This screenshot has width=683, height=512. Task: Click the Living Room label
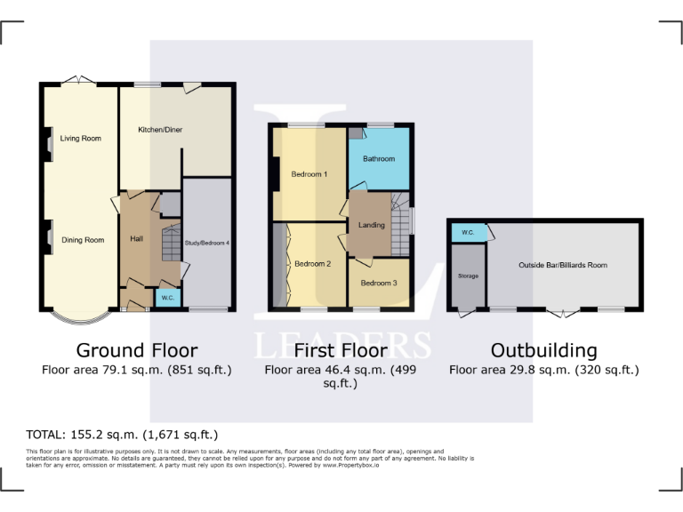(81, 139)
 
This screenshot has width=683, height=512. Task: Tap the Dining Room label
(83, 240)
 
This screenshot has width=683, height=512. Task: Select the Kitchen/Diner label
(160, 130)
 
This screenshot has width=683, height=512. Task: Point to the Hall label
(137, 239)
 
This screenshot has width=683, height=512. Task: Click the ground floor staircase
(171, 244)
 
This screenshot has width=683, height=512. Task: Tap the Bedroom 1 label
(309, 174)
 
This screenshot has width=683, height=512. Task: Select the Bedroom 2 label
(312, 264)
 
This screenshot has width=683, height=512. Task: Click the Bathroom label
(379, 159)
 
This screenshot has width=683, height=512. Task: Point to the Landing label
(371, 225)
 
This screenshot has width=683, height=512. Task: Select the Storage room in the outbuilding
(468, 276)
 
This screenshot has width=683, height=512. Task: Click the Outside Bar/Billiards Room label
(563, 265)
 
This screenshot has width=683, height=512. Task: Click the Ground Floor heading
(137, 349)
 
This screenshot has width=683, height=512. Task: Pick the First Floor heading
(341, 349)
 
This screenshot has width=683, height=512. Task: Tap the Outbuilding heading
(543, 349)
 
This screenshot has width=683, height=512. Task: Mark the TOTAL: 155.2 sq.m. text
(123, 435)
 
